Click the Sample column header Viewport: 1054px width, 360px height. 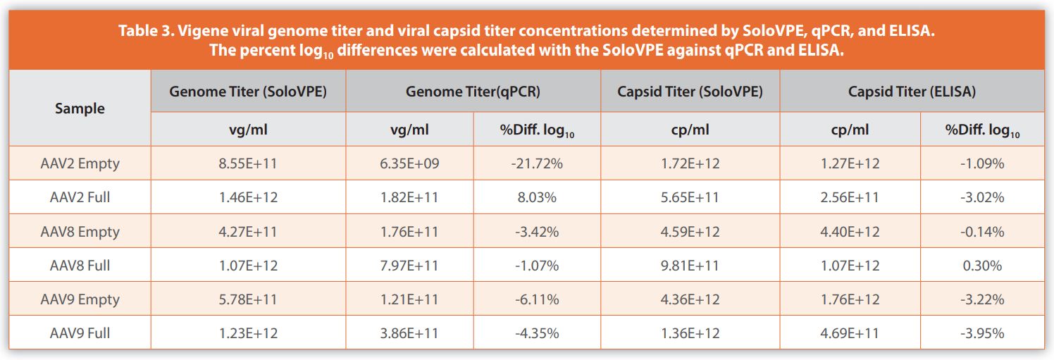tap(79, 108)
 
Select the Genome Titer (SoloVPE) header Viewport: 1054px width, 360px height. tap(248, 92)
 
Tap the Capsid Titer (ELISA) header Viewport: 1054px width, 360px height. tap(912, 92)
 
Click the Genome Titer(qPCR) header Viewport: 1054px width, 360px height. tap(473, 92)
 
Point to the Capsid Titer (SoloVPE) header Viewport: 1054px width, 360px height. tap(690, 92)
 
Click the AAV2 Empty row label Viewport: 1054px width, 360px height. tap(79, 163)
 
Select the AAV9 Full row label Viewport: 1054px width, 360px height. tap(79, 333)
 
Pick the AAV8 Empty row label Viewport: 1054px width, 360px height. tap(79, 232)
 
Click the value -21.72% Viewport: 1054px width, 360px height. tap(536, 163)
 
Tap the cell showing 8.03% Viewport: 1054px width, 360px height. tap(536, 197)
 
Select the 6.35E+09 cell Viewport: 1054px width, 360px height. tap(409, 163)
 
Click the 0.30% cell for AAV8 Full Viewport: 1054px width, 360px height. tap(981, 266)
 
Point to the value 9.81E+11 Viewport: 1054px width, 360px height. tap(690, 266)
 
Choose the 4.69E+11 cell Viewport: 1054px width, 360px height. tap(850, 333)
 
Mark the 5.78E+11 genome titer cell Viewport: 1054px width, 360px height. tap(248, 299)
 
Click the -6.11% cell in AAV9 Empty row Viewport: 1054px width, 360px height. tap(536, 299)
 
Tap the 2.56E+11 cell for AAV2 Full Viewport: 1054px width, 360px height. tap(850, 197)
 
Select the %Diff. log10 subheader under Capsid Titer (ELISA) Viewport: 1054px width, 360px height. tap(981, 130)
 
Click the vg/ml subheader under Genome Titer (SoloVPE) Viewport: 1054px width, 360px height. tap(248, 130)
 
